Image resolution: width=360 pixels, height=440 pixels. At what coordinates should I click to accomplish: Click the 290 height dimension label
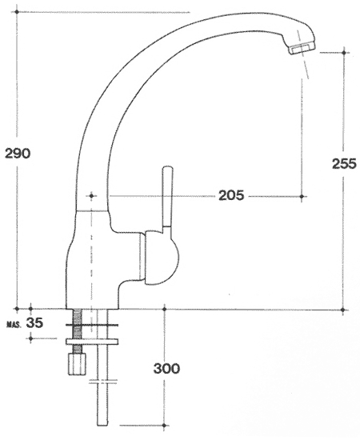coord(17,154)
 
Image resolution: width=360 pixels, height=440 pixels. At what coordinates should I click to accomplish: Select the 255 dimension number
coord(344,163)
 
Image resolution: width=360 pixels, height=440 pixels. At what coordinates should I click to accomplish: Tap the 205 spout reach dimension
coord(231,195)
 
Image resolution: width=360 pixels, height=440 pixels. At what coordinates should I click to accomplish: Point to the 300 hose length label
coord(166,368)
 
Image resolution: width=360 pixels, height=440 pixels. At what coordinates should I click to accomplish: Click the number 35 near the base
coord(34,323)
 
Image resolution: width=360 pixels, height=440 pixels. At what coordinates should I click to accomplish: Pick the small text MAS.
coord(14,326)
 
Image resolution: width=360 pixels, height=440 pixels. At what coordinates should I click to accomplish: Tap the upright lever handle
coord(167,198)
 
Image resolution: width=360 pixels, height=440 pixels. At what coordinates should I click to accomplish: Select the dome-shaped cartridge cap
coord(162,257)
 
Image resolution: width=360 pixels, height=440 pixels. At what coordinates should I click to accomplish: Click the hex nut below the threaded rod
coord(77,364)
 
